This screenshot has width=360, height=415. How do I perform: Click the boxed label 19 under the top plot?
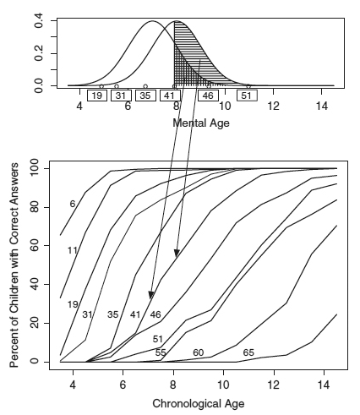click(x=97, y=96)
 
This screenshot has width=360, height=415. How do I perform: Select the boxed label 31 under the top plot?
click(x=121, y=96)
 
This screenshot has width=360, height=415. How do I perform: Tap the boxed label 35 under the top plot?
click(x=145, y=96)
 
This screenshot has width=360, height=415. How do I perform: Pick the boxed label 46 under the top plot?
click(x=208, y=96)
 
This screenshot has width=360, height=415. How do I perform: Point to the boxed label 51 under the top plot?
click(x=247, y=96)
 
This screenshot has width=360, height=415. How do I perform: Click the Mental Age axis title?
click(x=201, y=123)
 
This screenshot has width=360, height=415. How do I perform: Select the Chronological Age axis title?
click(x=199, y=403)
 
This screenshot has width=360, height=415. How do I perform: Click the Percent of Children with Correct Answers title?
click(x=14, y=265)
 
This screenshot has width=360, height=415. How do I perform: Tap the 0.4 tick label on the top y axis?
click(x=38, y=20)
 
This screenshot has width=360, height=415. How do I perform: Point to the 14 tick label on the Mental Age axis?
click(x=322, y=106)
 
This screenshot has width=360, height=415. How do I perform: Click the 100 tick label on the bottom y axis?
click(x=35, y=168)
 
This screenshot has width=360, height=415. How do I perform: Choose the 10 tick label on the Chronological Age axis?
click(x=224, y=385)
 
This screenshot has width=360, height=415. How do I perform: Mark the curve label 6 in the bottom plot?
click(x=73, y=204)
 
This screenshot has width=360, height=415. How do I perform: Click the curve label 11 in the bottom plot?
click(x=73, y=250)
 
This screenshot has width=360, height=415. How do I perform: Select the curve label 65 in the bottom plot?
click(x=248, y=352)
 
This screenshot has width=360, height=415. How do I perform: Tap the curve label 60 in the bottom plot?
click(x=199, y=352)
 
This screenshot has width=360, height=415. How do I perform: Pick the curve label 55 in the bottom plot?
click(x=161, y=352)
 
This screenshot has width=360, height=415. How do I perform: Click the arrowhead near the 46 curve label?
click(x=151, y=295)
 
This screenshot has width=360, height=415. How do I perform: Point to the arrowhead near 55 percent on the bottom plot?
click(x=177, y=254)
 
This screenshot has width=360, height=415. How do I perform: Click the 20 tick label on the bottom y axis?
click(x=35, y=323)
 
